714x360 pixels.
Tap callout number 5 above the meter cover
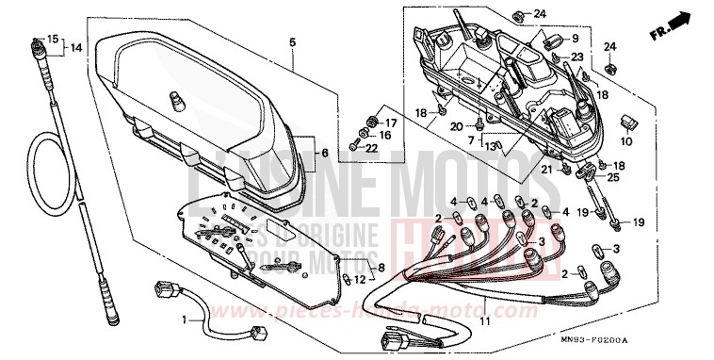(292, 43)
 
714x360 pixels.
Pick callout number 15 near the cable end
(53, 40)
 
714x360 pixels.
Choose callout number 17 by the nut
(391, 122)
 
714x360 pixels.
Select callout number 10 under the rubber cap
(627, 140)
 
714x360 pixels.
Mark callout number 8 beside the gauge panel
(381, 268)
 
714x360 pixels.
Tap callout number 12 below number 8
(361, 280)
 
